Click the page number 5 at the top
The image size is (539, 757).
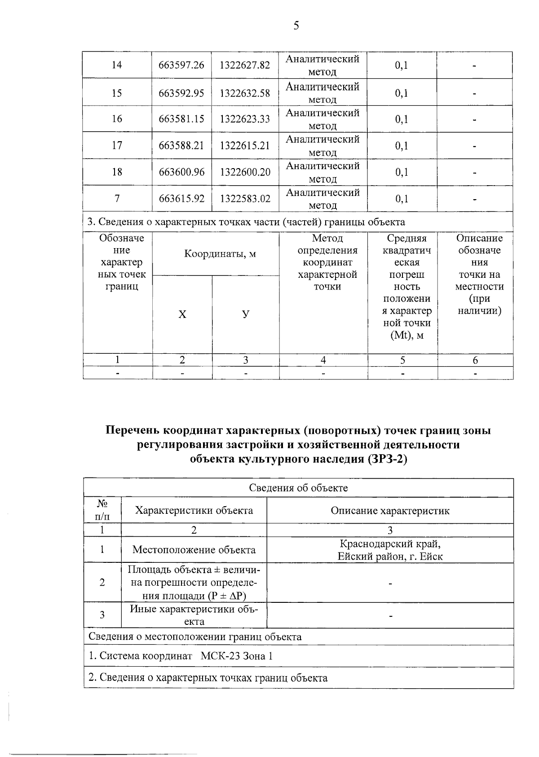[x=296, y=26]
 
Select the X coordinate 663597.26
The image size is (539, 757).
[x=181, y=65]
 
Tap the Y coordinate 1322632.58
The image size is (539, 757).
[x=245, y=93]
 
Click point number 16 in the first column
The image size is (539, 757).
[x=117, y=119]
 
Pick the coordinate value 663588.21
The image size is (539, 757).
[x=181, y=146]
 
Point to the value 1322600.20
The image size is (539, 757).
[x=245, y=172]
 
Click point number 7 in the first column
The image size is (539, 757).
[x=117, y=199]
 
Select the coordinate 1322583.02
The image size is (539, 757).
[x=245, y=199]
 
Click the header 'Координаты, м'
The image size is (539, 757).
[x=220, y=254]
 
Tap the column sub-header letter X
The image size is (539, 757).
[x=182, y=315]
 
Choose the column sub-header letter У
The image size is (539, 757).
[x=246, y=314]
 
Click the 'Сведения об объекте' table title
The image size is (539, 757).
[x=298, y=488]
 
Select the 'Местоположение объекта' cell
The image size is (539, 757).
[x=194, y=550]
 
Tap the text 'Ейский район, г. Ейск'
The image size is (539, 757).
[x=390, y=557]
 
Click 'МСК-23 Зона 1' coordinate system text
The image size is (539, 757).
[x=237, y=656]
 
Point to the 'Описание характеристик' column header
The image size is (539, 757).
[x=390, y=511]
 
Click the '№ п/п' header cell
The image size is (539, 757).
[x=102, y=510]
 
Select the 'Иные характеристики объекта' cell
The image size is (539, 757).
[x=194, y=615]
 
